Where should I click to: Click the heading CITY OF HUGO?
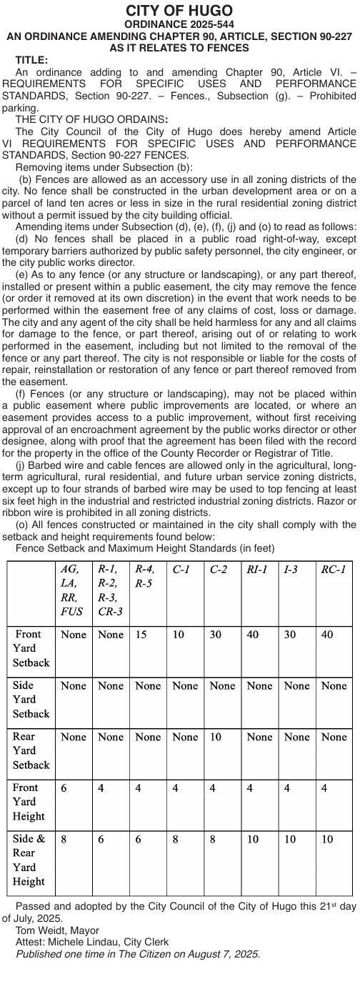[x=179, y=11]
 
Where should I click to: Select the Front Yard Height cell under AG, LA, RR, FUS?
[x=64, y=787]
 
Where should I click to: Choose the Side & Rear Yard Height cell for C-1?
[x=176, y=839]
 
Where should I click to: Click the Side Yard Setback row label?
[x=31, y=699]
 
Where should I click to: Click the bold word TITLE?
[x=31, y=61]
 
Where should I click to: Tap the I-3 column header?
[x=291, y=570]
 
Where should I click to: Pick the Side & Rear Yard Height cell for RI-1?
[x=253, y=839]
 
